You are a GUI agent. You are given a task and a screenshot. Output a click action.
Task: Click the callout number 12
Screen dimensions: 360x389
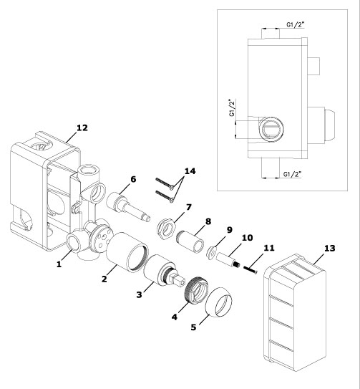click(x=82, y=128)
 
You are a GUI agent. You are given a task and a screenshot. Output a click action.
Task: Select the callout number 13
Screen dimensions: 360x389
click(x=330, y=248)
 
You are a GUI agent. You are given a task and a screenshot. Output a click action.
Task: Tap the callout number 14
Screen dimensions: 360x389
click(x=190, y=171)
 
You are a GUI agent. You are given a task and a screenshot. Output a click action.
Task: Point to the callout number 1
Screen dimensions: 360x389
click(x=59, y=264)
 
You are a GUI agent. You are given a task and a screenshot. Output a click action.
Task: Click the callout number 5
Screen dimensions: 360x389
click(x=193, y=327)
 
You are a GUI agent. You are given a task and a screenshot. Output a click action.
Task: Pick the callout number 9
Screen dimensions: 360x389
click(x=230, y=230)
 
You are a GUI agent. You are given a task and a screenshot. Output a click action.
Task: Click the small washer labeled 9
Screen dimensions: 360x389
click(x=211, y=251)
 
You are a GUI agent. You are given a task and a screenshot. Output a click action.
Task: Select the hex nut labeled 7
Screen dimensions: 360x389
click(x=167, y=228)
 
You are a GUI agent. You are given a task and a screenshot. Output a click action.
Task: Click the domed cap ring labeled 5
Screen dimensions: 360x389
click(x=219, y=302)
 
